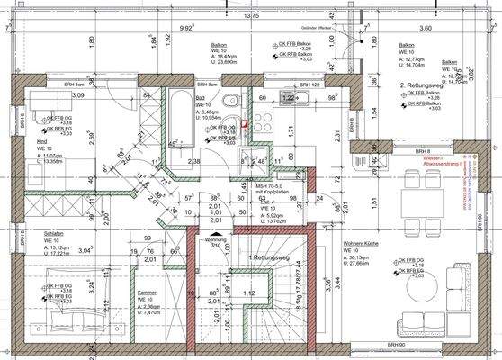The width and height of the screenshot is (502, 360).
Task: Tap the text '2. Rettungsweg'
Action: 420,85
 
